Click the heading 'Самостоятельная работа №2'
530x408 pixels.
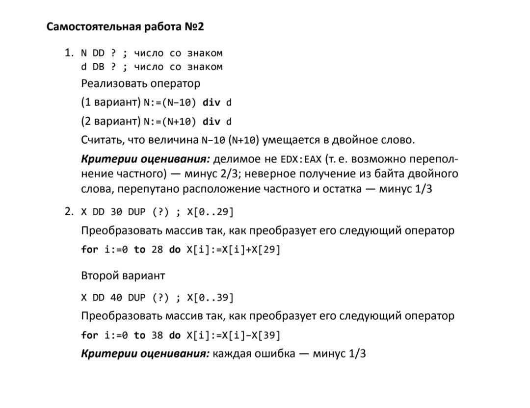point(125,26)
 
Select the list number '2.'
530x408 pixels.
point(69,212)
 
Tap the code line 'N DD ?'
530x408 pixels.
point(98,53)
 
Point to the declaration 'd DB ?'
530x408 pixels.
point(98,67)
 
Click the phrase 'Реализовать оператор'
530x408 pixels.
point(140,83)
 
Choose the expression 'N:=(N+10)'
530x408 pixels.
point(170,122)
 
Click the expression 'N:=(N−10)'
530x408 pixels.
point(170,102)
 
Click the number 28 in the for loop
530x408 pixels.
point(157,250)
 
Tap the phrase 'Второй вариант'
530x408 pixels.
point(123,276)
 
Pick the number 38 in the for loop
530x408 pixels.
point(157,335)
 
